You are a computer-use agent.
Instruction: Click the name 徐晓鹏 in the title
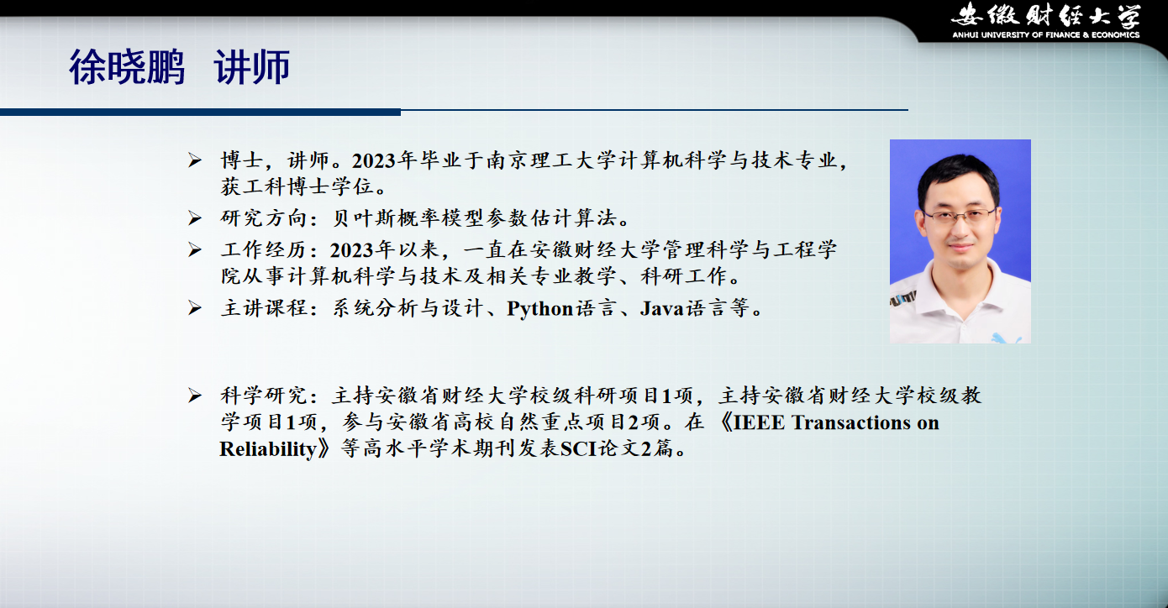point(127,67)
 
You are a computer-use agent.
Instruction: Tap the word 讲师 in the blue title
point(252,67)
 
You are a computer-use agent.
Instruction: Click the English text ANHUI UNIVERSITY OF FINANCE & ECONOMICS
point(1046,35)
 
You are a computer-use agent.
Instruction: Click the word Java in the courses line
point(661,308)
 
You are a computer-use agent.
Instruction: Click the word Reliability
point(268,449)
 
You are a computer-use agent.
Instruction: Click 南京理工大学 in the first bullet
point(542,160)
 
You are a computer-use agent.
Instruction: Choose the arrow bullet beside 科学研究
point(195,396)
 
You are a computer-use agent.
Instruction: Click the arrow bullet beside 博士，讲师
point(195,160)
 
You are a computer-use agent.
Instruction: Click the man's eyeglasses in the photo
point(959,216)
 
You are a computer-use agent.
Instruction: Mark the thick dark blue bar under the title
point(200,112)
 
